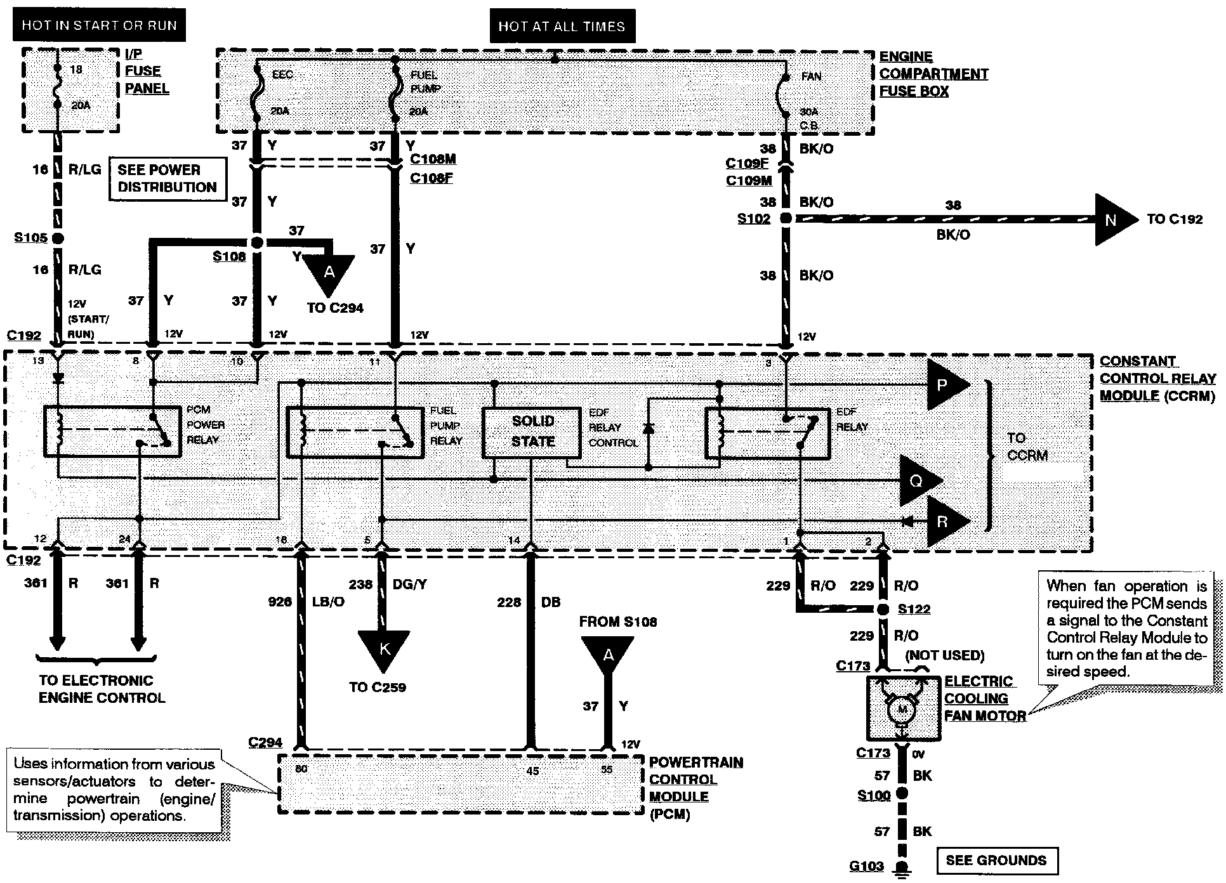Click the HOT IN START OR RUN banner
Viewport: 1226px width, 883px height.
99,25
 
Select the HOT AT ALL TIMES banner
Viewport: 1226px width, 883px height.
562,26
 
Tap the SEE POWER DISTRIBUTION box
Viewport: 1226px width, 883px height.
168,179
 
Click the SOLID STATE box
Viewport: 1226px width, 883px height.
532,431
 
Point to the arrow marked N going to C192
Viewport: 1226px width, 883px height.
1114,219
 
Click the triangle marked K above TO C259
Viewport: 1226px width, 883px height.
385,650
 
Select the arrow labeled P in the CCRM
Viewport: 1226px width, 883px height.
946,385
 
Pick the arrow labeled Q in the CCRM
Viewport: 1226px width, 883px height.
918,481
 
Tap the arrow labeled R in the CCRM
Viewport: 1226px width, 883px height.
945,521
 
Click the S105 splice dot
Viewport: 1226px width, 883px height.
57,239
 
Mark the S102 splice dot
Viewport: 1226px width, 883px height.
786,218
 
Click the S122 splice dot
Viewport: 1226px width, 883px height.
882,610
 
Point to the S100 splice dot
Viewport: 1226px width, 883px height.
902,794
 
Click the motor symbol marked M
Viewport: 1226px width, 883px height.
902,709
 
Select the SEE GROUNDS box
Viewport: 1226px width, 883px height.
996,860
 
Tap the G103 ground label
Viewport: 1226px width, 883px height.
867,865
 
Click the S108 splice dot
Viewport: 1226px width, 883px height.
257,243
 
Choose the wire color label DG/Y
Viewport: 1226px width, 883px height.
409,584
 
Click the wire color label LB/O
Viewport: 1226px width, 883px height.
328,601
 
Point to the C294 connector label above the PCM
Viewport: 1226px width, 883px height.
265,742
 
